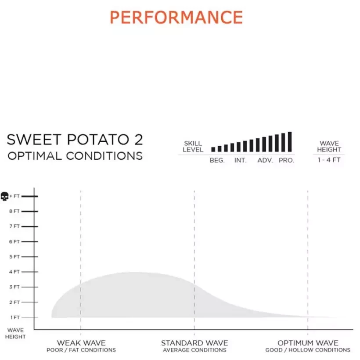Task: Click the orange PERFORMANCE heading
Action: coord(176,18)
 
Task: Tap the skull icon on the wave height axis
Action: coord(5,196)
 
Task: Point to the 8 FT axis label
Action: coord(14,211)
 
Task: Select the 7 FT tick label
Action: coord(14,227)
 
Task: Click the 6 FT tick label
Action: coord(14,241)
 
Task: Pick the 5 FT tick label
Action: coord(14,257)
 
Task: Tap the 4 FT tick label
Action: coord(14,272)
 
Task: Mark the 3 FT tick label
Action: coord(14,287)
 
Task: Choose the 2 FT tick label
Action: coord(14,302)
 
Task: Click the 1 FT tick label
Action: coord(14,317)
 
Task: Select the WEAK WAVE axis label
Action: coord(81,343)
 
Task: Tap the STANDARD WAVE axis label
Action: coord(194,343)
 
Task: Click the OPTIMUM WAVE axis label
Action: coord(308,343)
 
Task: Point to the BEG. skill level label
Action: coord(217,161)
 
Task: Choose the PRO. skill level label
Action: coord(286,161)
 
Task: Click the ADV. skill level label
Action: coord(265,161)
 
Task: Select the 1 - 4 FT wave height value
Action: coord(329,160)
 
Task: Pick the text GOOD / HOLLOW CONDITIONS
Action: coord(308,350)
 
